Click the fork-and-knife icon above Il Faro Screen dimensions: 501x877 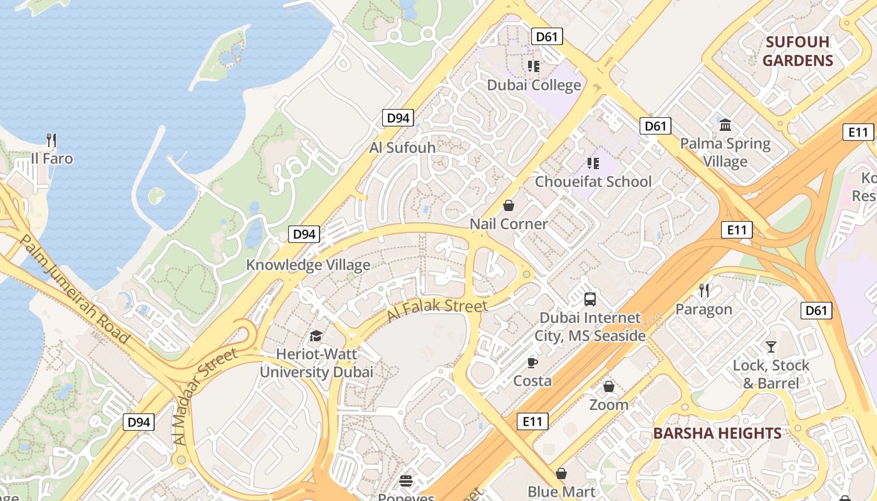coord(51,140)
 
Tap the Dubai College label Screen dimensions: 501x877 coord(534,85)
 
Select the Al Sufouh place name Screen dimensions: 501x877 coord(402,148)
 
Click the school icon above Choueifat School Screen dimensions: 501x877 coord(593,163)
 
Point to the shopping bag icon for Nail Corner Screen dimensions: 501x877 coord(509,205)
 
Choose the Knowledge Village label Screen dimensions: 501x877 coord(308,265)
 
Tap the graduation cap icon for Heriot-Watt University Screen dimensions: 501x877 coord(316,336)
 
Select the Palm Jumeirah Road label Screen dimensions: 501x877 coord(75,289)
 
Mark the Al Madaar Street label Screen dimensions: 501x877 coord(206,396)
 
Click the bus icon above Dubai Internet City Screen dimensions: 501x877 coord(589,299)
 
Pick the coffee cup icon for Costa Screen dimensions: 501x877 coord(532,362)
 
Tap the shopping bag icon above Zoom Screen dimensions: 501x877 coord(608,386)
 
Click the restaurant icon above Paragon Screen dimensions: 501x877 coord(704,291)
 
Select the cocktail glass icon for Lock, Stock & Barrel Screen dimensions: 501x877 coord(771,346)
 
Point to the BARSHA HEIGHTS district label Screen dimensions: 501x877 coord(717,433)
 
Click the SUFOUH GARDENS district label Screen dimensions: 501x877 coord(797,51)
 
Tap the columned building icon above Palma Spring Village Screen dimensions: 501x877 coord(725,125)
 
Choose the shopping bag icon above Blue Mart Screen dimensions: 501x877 coord(561,473)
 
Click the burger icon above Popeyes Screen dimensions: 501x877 coord(406,481)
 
